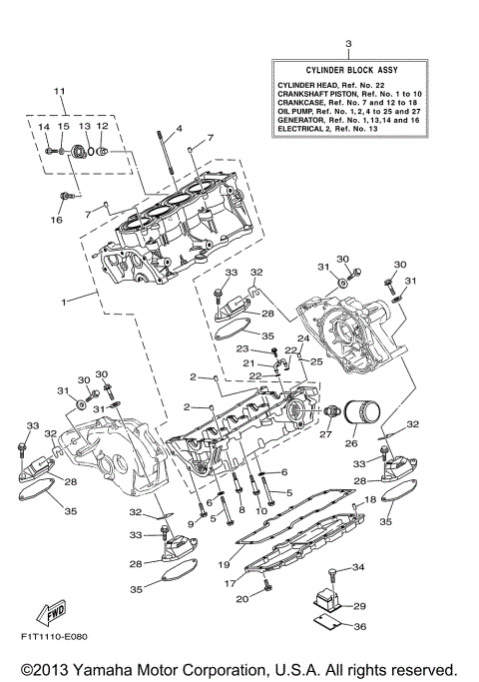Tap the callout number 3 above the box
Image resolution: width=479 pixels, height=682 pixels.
point(348,44)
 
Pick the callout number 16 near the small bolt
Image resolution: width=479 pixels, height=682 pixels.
point(56,219)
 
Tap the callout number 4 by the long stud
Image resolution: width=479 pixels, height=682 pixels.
point(180,129)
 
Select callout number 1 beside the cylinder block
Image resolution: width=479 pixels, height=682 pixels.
point(64,301)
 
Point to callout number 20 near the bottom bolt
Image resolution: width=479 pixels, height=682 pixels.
point(240,599)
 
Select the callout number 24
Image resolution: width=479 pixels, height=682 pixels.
point(303,339)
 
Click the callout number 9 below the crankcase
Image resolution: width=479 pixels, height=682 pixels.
point(191,523)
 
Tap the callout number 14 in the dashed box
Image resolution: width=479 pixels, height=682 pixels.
point(44,128)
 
